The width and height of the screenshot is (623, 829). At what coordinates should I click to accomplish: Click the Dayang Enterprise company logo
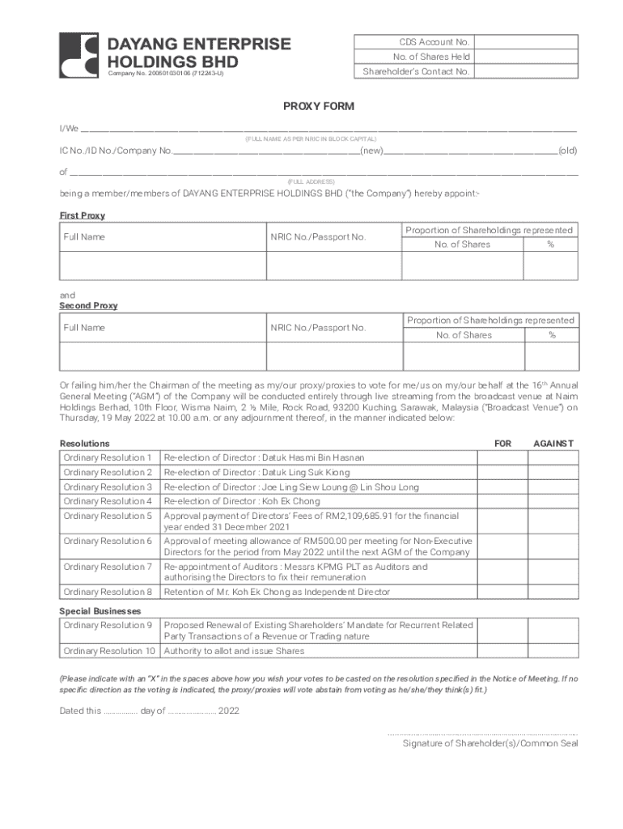(79, 56)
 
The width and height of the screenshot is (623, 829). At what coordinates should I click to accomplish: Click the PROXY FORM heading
(318, 106)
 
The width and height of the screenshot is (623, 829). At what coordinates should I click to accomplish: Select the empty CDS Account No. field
(526, 42)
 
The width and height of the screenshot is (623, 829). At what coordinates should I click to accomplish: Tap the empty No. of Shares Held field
(526, 57)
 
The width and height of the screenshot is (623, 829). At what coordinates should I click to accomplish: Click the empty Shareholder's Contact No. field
(526, 71)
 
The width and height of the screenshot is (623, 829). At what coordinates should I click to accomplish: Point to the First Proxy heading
(83, 216)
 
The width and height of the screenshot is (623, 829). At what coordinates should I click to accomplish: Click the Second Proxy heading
(88, 306)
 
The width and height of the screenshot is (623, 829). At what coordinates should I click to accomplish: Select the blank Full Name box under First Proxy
(163, 265)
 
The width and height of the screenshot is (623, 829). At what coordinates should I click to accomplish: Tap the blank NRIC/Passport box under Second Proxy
(333, 355)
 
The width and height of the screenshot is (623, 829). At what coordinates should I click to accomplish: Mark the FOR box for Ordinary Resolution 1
(502, 458)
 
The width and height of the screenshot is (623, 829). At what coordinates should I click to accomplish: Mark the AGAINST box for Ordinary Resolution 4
(553, 501)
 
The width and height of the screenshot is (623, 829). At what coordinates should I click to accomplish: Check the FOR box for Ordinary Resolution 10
(502, 651)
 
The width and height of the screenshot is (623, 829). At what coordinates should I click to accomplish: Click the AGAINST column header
(553, 444)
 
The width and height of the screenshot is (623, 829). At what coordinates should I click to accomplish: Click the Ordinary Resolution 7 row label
(108, 567)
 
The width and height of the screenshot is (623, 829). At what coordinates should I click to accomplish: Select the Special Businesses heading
(100, 611)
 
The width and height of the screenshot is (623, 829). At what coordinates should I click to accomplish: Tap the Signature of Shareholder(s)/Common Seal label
(490, 743)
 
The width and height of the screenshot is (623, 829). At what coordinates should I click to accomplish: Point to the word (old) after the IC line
(568, 151)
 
